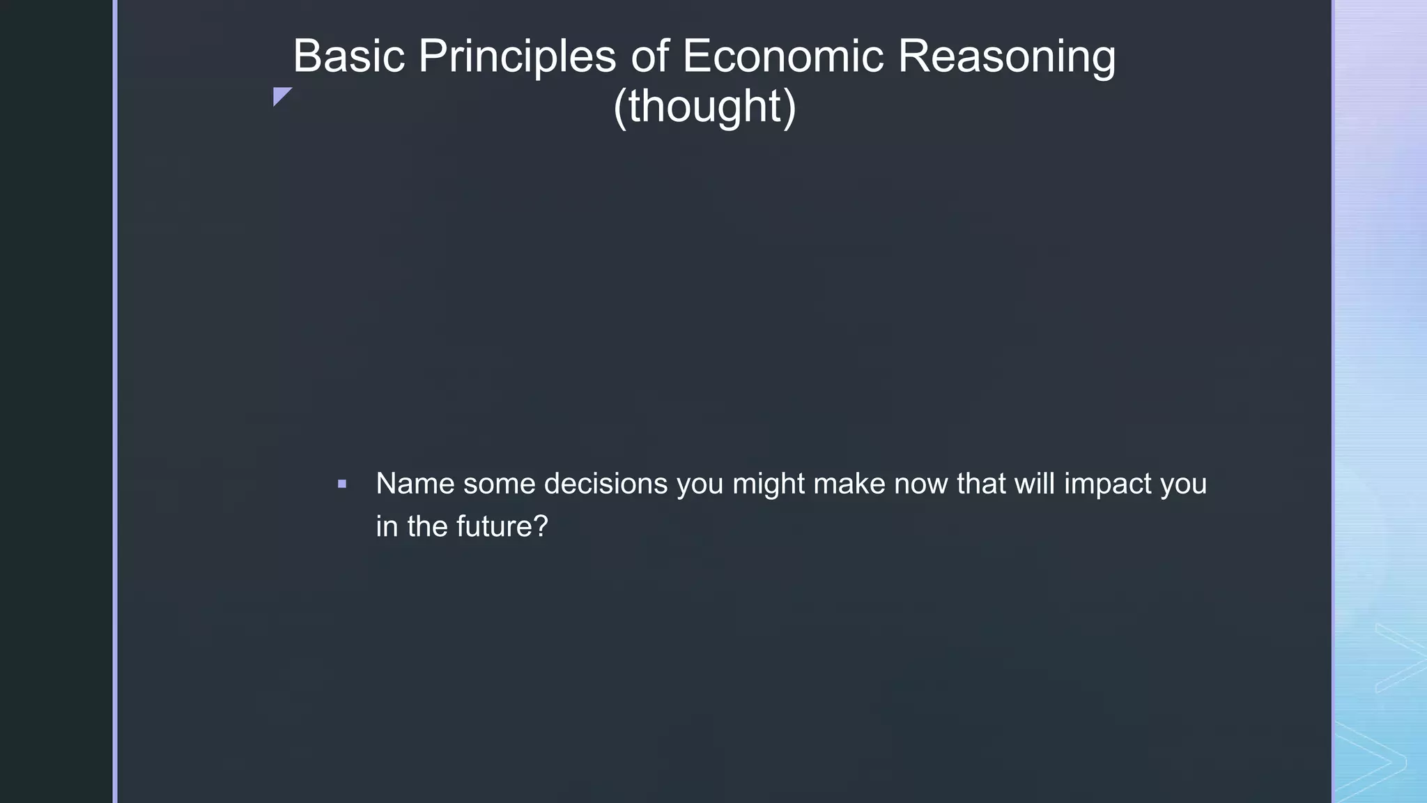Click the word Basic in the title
tap(348, 56)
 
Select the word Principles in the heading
tap(516, 56)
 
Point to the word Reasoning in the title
tap(1006, 56)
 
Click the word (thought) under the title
tap(704, 106)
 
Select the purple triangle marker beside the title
tap(280, 95)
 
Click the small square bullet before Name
tap(342, 484)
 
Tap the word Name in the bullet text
tap(415, 484)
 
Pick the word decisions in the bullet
tap(605, 484)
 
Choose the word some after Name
tap(499, 484)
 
